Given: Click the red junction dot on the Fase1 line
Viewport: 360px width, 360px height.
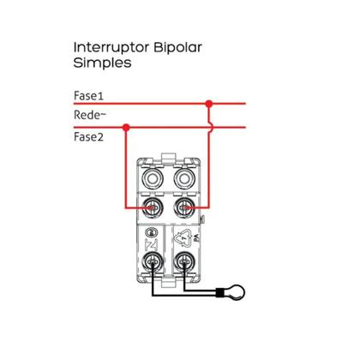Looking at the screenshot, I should (x=207, y=103).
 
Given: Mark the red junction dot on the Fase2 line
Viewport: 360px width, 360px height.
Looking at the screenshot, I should (x=127, y=128).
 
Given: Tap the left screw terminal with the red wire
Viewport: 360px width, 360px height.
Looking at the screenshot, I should (x=153, y=207).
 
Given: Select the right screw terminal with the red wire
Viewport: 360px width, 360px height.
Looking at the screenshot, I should (x=182, y=207).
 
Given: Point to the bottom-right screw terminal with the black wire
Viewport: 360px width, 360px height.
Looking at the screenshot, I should (x=182, y=264).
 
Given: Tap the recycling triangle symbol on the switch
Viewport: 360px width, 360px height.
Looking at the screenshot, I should (x=182, y=240).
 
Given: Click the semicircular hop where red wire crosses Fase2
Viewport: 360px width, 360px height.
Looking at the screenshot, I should (x=208, y=128).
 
